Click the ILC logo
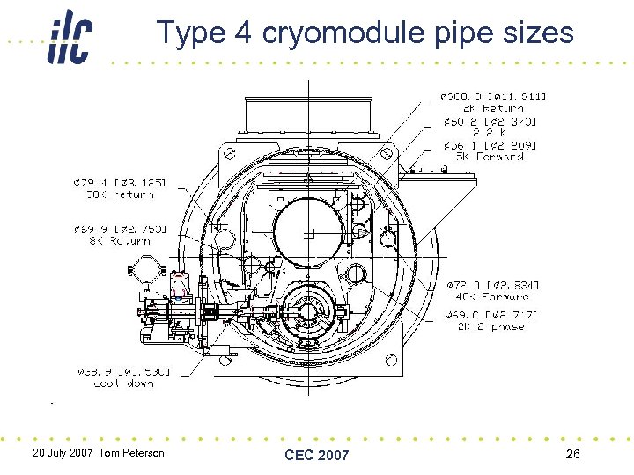click(70, 36)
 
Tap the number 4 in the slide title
click(243, 33)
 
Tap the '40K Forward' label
click(494, 297)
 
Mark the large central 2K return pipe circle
click(308, 232)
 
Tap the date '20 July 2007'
click(63, 453)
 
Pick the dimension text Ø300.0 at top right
click(461, 96)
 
